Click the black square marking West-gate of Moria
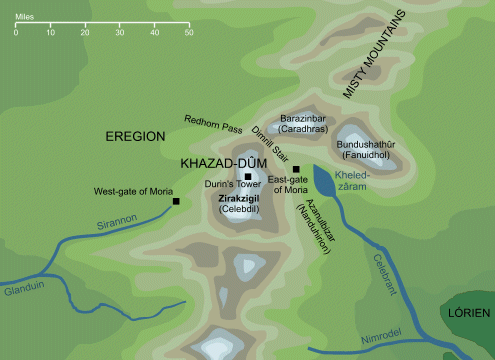click(x=177, y=202)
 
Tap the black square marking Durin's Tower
click(x=248, y=176)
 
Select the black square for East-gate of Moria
click(x=296, y=168)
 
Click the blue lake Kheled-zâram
click(x=325, y=181)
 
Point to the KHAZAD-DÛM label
click(x=217, y=162)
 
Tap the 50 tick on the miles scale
click(x=189, y=33)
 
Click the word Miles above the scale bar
click(x=27, y=17)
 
